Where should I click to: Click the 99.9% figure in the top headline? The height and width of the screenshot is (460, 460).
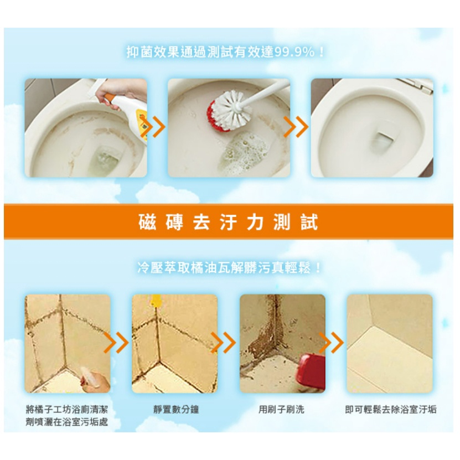tap(294, 52)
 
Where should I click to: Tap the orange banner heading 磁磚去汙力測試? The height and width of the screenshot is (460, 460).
tap(228, 222)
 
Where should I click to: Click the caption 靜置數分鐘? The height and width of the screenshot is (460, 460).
tap(176, 409)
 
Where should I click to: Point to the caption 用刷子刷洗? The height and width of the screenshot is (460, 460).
tap(281, 409)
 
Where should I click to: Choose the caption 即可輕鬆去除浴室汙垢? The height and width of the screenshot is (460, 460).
tap(391, 409)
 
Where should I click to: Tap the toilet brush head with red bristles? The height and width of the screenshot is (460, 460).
tap(226, 111)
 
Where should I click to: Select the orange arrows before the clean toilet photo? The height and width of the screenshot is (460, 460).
tap(296, 127)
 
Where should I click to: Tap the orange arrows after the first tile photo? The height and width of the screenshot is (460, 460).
tap(116, 342)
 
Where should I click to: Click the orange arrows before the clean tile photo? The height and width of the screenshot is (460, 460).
tap(331, 342)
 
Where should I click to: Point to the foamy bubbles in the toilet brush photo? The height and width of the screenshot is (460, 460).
tap(244, 153)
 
